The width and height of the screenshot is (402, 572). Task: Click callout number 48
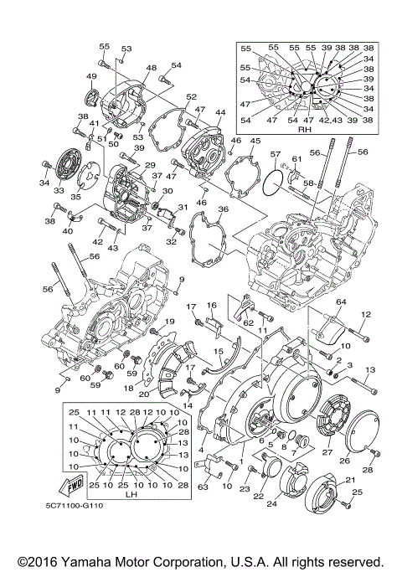pos(151,68)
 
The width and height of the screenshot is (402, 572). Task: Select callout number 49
pos(91,76)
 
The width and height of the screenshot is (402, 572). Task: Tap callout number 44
pos(220,111)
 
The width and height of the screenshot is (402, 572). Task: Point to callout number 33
pos(59,191)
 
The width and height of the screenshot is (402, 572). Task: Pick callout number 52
pos(191,96)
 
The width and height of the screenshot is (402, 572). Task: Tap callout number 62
pos(249,322)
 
